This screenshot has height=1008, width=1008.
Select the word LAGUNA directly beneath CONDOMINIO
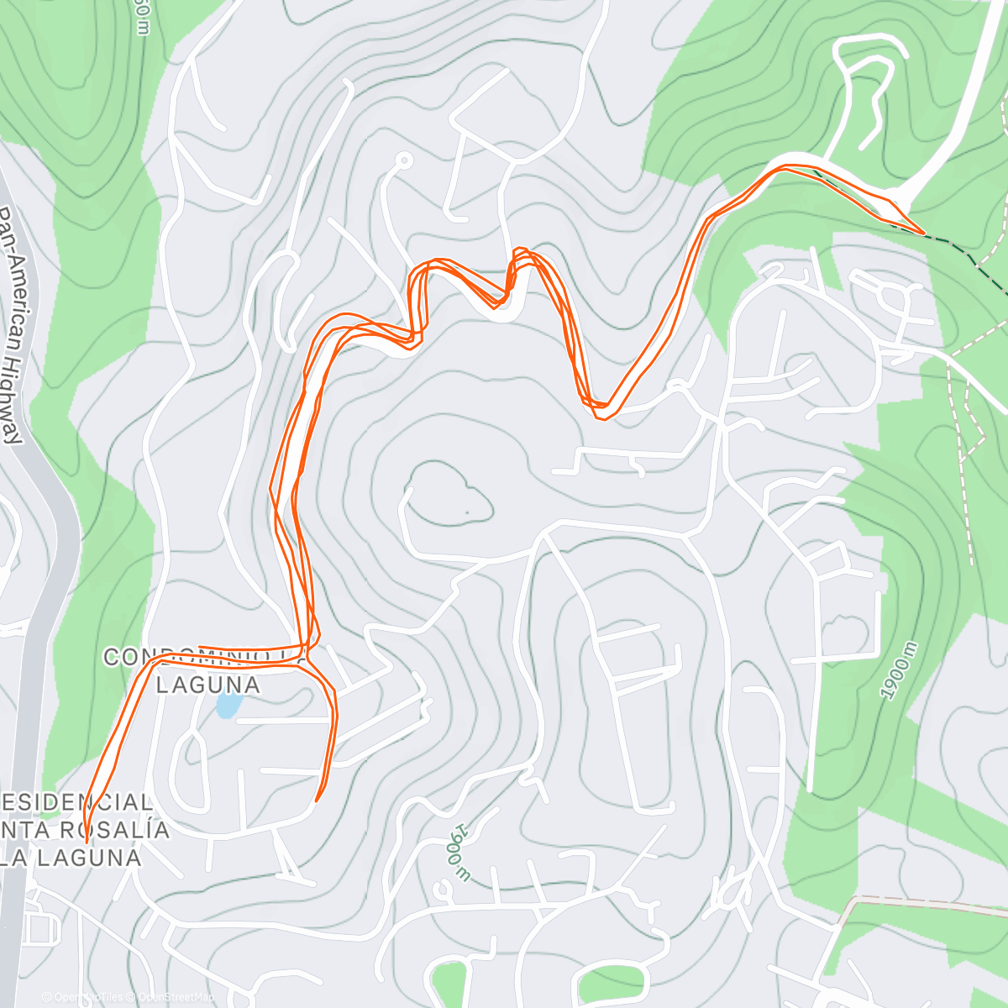207,685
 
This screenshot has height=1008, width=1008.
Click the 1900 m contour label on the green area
896,669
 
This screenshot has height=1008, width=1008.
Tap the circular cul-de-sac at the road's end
404,160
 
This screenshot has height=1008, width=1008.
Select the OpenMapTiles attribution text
88,997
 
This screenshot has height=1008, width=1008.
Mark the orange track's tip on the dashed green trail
924,233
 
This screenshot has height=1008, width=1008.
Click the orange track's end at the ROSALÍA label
86,842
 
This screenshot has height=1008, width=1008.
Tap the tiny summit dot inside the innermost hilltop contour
466,511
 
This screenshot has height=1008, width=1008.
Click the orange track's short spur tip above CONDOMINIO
199,647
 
